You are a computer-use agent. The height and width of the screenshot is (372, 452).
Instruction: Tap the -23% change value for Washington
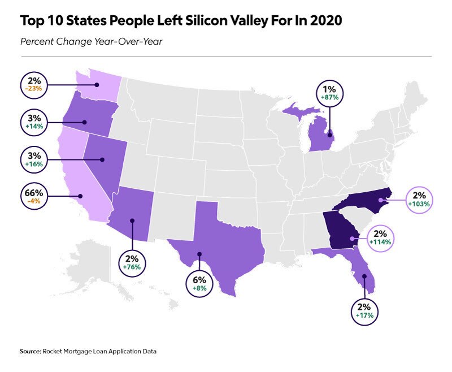click(35, 89)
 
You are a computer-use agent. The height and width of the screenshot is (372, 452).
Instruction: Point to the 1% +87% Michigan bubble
click(330, 93)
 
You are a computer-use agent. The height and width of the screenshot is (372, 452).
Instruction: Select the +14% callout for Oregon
click(35, 127)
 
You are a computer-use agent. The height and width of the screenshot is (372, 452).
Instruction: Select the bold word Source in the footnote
click(30, 351)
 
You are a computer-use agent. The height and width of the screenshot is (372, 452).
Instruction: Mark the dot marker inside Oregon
click(85, 122)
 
